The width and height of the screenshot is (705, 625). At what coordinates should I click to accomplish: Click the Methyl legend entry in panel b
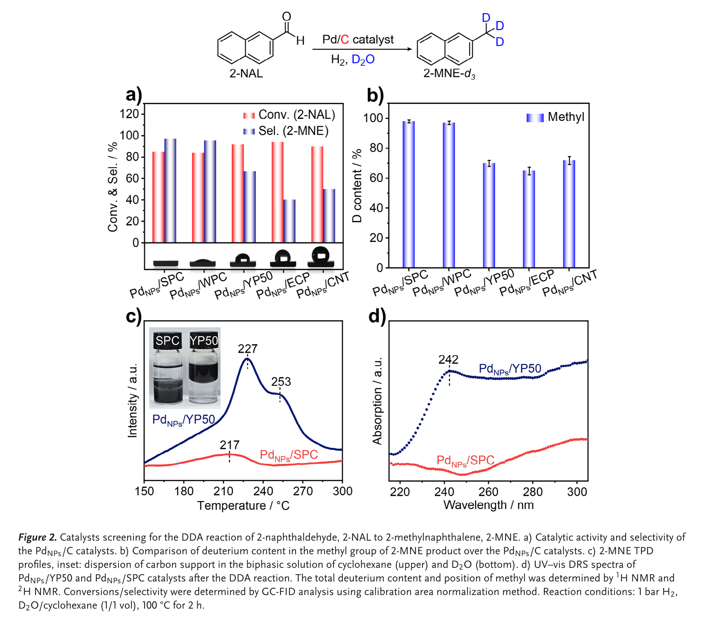tap(555, 117)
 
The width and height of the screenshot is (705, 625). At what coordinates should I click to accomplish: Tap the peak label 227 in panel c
tap(247, 349)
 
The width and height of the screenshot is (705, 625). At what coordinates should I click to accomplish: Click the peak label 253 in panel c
tap(281, 382)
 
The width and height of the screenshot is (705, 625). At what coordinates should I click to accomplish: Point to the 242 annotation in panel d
tap(448, 360)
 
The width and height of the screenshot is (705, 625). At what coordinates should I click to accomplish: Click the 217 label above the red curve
tap(229, 445)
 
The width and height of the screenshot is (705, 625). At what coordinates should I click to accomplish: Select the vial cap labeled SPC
tap(167, 341)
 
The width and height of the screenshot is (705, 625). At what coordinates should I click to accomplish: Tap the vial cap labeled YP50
tap(204, 341)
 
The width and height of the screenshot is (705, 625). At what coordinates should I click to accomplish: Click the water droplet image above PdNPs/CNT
tap(321, 256)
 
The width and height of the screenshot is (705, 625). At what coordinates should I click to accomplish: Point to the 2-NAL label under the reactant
tap(246, 73)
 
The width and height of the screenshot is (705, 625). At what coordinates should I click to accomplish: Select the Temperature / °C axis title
tap(243, 505)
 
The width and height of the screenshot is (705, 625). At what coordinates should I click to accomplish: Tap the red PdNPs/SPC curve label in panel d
tap(465, 460)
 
